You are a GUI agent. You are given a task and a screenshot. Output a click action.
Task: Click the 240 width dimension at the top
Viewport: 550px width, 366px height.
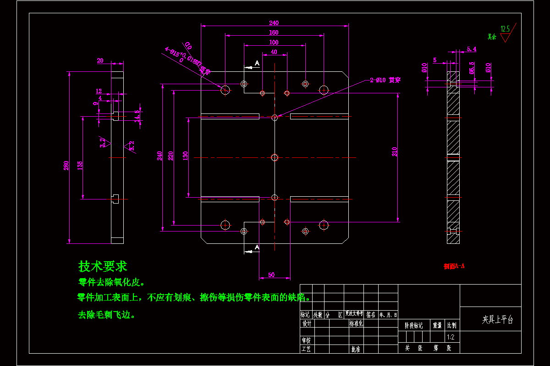274,23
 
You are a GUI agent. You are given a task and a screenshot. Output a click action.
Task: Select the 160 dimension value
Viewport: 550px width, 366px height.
274,32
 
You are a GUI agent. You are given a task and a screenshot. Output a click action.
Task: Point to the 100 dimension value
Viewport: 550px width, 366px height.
274,43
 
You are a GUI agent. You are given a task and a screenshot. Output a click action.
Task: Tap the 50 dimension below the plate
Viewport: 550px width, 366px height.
271,274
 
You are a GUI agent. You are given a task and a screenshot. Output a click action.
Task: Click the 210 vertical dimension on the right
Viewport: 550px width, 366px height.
395,151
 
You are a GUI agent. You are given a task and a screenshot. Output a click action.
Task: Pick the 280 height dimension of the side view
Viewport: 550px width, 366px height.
66,165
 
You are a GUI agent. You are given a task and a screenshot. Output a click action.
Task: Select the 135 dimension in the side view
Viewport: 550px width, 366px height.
80,164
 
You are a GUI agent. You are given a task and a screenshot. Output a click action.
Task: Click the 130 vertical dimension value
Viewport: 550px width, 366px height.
186,156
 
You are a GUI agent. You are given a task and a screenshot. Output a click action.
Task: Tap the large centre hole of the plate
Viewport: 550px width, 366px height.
275,158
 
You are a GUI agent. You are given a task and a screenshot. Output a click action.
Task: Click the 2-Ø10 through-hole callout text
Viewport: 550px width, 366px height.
385,80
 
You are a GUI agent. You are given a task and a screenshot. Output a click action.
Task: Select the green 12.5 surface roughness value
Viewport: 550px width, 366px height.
505,29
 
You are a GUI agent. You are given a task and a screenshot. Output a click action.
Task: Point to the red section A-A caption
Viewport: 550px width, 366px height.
454,266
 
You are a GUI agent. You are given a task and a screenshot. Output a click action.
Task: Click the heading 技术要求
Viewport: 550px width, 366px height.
103,266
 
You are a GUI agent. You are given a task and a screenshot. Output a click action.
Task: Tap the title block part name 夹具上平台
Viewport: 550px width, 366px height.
497,320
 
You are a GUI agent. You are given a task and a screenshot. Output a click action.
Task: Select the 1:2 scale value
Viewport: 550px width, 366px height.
451,337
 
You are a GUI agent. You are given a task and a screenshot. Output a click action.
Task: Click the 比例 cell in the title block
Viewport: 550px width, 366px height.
451,325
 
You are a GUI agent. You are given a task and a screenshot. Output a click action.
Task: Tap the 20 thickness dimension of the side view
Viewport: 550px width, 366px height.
100,60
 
